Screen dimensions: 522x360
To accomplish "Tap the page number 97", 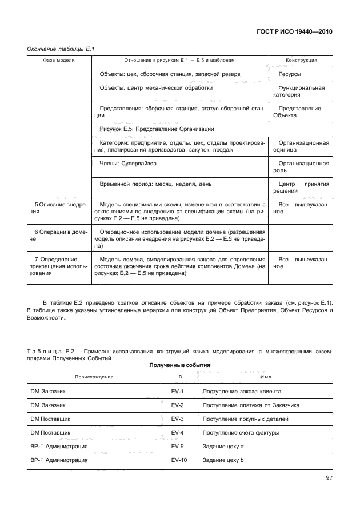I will point(329,477).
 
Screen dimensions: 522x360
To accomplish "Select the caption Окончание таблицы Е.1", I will point(60,49).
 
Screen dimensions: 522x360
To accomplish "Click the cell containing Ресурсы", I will point(290,74).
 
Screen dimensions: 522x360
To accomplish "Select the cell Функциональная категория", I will point(301,91).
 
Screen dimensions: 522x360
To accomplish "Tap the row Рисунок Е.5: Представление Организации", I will point(157,129).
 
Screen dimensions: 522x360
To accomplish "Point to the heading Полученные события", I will point(180,365).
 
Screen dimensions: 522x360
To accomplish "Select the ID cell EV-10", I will point(178,460).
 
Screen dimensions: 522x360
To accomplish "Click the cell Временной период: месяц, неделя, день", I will point(155,185).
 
